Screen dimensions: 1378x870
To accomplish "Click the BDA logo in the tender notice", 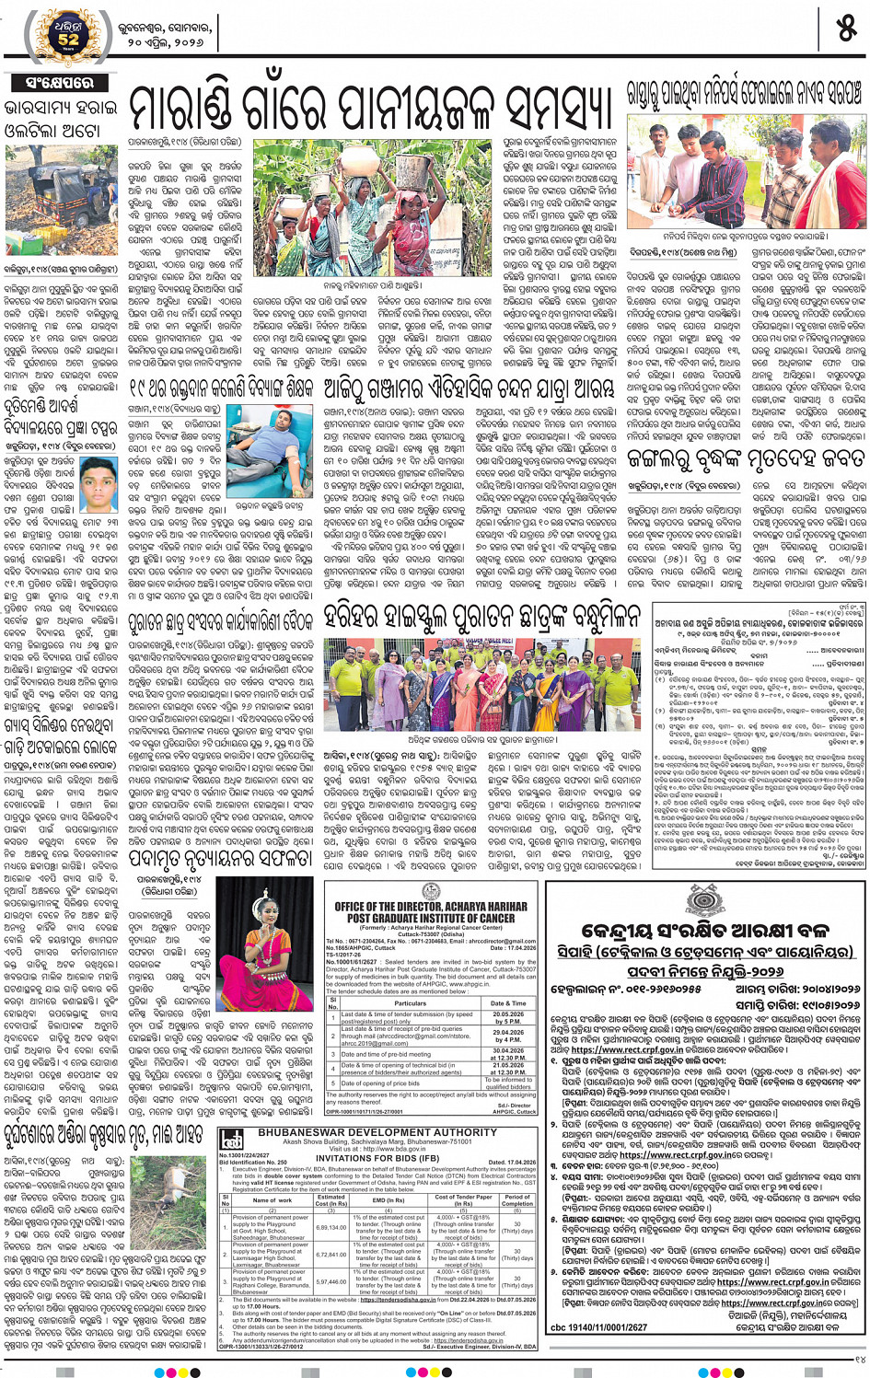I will tap(230, 1139).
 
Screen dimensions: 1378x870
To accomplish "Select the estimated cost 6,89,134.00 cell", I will tap(331, 1227).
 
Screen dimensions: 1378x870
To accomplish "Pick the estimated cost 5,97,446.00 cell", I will tap(331, 1281).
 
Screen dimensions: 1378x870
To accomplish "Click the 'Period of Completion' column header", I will tap(516, 1199).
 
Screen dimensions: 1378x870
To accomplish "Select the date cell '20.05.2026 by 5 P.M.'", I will tap(507, 1017).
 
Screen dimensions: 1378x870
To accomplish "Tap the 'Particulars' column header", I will tap(410, 1003).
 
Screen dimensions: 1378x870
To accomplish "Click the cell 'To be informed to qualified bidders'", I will tap(507, 1083).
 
